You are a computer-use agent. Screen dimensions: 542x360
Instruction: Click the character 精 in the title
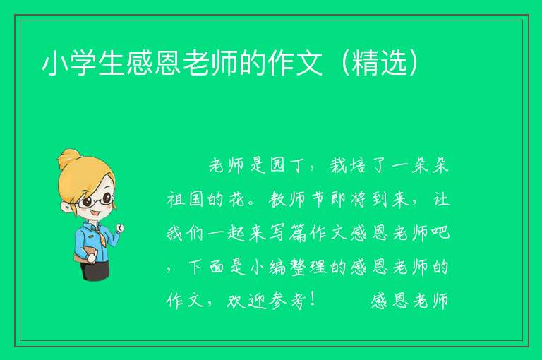point(366,64)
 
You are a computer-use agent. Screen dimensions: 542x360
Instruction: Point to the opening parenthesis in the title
point(344,64)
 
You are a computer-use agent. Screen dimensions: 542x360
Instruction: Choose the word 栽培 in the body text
point(348,166)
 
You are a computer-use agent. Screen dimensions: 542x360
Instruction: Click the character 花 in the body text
point(237,200)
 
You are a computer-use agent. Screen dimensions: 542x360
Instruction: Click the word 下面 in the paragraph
point(206,267)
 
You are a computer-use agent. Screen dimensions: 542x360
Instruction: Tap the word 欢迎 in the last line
point(246,301)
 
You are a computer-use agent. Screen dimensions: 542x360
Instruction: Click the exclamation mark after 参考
point(313,300)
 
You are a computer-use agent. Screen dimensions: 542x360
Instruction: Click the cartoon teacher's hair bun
point(68,159)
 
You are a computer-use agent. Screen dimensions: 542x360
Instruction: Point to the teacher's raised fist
point(120,227)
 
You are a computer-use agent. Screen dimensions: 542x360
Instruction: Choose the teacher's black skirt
point(95,270)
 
